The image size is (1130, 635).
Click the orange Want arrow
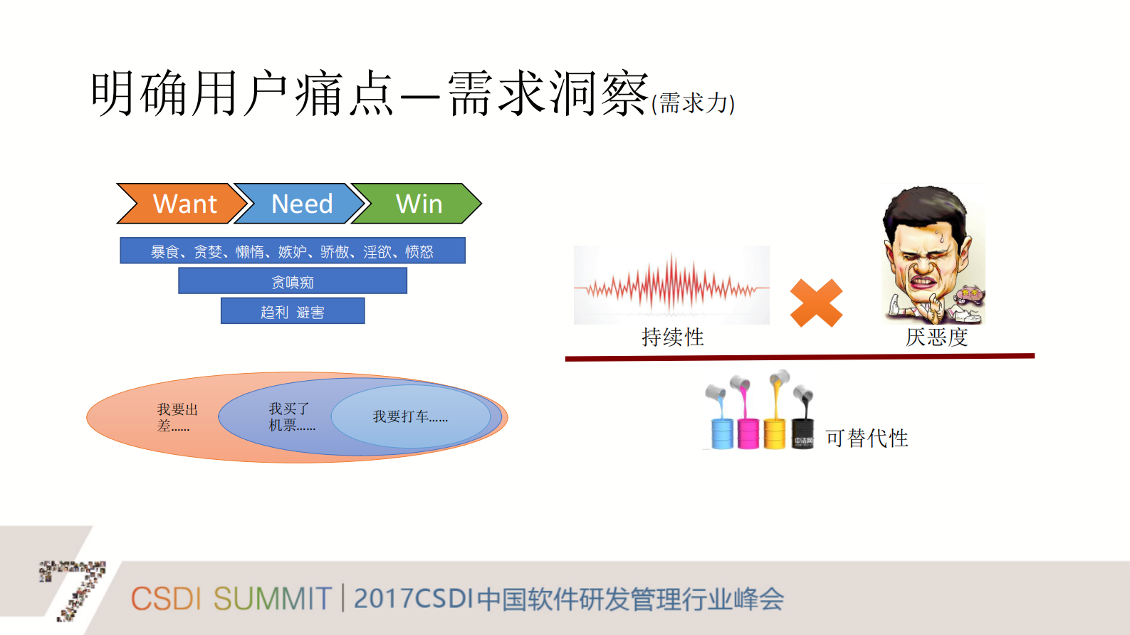[182, 204]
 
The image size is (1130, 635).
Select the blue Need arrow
[299, 204]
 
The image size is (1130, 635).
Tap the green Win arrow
[418, 204]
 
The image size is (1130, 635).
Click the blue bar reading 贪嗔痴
[292, 281]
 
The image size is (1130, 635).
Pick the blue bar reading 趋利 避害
[292, 311]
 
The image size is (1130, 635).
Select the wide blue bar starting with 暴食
[292, 251]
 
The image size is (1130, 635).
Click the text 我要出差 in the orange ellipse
[176, 417]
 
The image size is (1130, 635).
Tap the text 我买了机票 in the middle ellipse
[291, 416]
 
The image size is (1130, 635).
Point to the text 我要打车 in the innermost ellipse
[410, 416]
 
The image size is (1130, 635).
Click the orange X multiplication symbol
[816, 303]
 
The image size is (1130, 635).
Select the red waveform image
[671, 285]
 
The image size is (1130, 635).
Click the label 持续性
[672, 337]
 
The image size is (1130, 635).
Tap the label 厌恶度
[936, 337]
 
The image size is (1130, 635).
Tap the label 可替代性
[867, 438]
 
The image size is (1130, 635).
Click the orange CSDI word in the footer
[166, 599]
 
